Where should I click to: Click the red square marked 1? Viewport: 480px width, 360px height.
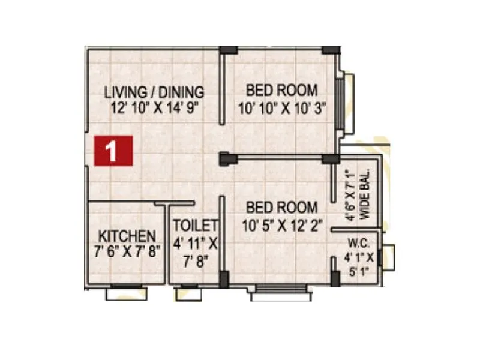point(113,150)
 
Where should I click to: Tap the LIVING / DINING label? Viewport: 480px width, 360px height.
point(154,93)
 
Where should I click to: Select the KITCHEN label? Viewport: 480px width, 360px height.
point(127,236)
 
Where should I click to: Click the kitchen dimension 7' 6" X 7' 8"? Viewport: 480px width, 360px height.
point(127,251)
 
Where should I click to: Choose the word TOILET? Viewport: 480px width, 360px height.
point(195,226)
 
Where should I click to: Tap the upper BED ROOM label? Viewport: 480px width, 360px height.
point(281,91)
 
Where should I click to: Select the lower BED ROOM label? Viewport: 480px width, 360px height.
point(281,208)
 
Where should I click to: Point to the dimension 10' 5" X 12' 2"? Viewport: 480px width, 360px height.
point(281,226)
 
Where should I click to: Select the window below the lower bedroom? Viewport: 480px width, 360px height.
point(281,294)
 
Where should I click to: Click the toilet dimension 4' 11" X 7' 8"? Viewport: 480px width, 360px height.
point(195,252)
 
